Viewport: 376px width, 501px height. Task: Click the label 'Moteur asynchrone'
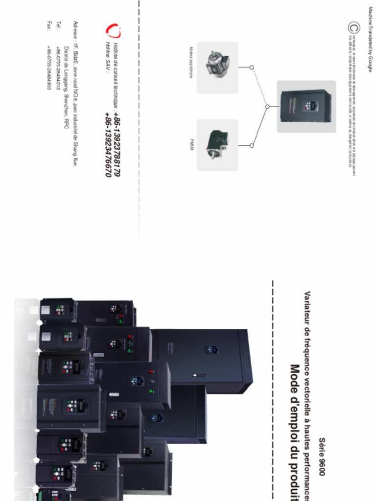point(191,63)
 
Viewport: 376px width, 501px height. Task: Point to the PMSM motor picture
point(217,145)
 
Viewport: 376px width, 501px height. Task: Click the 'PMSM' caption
point(191,144)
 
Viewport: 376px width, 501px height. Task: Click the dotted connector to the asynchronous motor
point(259,86)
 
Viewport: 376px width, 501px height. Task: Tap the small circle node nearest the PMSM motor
point(252,145)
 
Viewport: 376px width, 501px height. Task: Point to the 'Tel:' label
point(57,25)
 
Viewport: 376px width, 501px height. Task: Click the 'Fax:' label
point(48,25)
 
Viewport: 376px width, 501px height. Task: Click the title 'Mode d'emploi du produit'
point(295,431)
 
